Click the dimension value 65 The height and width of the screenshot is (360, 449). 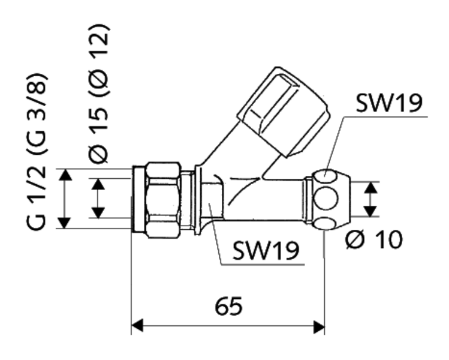click(228, 307)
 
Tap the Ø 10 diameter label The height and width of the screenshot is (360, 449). click(375, 240)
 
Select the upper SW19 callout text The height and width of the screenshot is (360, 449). click(389, 103)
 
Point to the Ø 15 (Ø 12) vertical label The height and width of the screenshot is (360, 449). click(98, 94)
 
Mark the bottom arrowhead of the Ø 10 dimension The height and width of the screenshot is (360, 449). click(372, 212)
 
